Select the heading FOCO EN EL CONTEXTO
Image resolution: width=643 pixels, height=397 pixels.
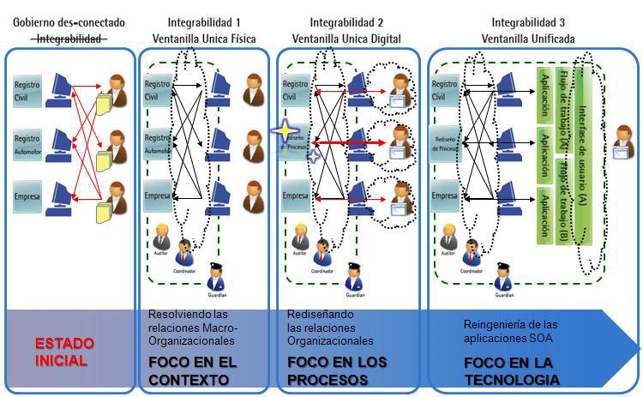[193, 371]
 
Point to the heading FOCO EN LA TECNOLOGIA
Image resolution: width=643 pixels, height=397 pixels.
[512, 371]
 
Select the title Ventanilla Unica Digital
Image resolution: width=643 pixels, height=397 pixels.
[346, 39]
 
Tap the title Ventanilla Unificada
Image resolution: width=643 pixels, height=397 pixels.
[528, 39]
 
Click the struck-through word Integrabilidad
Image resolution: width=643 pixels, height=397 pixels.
[69, 39]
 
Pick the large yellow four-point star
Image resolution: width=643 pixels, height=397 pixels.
[284, 130]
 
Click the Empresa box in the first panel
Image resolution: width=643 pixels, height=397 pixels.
[27, 196]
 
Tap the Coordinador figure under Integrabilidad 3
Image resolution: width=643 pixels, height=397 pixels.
[470, 250]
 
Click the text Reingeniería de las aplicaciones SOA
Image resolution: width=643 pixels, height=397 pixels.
[510, 330]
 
